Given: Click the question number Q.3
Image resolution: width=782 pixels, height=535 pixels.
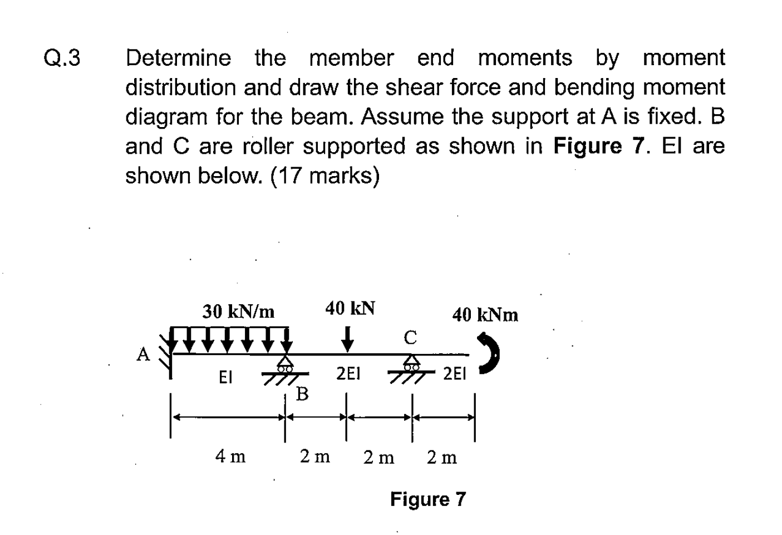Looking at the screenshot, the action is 62,57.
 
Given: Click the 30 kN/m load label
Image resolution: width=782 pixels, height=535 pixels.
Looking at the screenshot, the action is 238,312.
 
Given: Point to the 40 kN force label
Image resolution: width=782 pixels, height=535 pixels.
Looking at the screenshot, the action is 350,308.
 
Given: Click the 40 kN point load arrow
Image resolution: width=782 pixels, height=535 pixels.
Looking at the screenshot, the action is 347,339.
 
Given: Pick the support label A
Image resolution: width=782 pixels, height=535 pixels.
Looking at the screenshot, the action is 143,354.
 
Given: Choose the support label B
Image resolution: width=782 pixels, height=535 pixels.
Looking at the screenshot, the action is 302,394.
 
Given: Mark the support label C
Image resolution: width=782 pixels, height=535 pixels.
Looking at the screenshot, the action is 410,338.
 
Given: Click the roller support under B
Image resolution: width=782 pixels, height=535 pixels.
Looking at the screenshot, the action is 286,369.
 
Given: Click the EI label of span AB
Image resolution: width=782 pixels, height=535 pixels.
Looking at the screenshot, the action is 225,377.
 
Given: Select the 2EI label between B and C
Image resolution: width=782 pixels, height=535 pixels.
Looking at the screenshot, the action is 348,373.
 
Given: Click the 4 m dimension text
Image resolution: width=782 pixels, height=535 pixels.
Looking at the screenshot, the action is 230,456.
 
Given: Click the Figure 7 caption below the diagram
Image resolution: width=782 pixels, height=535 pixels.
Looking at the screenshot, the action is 428,499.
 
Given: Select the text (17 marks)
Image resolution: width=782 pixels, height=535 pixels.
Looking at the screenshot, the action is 325,176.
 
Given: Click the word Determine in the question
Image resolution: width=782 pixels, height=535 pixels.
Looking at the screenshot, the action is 179,57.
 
